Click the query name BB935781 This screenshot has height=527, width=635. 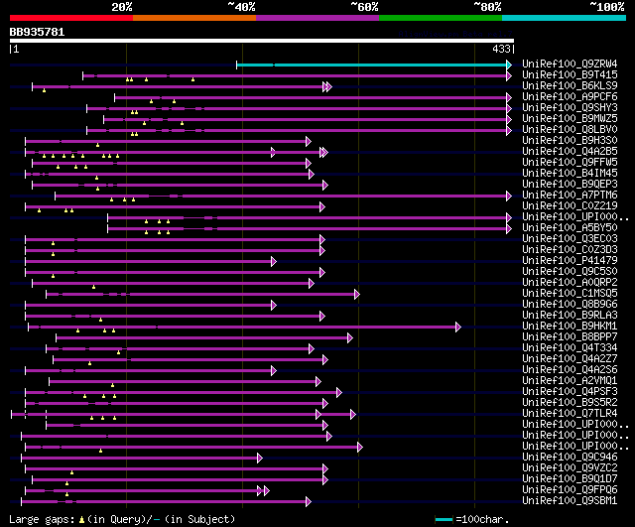pyautogui.click(x=37, y=32)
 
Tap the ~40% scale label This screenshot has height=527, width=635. pyautogui.click(x=241, y=6)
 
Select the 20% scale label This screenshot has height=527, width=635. pyautogui.click(x=122, y=6)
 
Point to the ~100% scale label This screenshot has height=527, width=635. pyautogui.click(x=607, y=6)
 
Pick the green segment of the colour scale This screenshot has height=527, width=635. pyautogui.click(x=440, y=17)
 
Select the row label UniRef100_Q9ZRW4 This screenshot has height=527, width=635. pyautogui.click(x=570, y=65)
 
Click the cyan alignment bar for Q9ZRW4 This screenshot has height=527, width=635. pyautogui.click(x=373, y=65)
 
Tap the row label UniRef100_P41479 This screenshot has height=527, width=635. pyautogui.click(x=557, y=261)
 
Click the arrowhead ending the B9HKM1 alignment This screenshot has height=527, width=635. pyautogui.click(x=458, y=327)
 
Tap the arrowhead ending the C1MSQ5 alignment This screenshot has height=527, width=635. pyautogui.click(x=356, y=294)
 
